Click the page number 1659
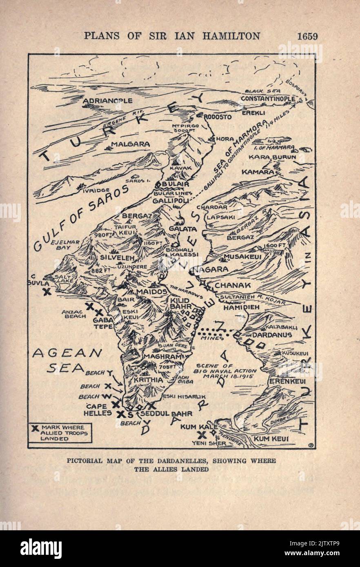click(307, 36)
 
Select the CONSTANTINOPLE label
click(268, 99)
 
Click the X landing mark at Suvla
click(47, 292)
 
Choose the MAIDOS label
click(152, 292)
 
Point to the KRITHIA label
click(148, 380)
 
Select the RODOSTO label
click(217, 117)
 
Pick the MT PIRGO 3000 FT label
click(185, 128)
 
